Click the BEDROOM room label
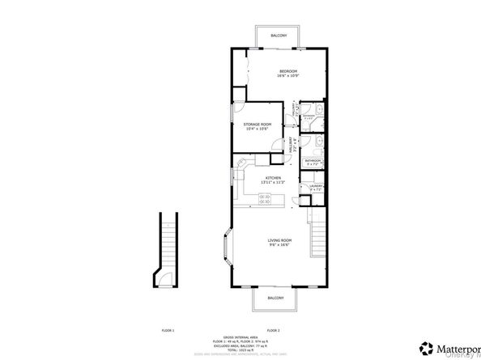point(287,71)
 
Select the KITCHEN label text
point(272,177)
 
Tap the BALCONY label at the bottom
point(275,298)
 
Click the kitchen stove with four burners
point(240,172)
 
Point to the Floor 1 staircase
point(167,243)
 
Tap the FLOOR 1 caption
point(168,330)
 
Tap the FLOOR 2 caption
point(273,330)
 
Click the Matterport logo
point(443,349)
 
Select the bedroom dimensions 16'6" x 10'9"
point(287,76)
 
